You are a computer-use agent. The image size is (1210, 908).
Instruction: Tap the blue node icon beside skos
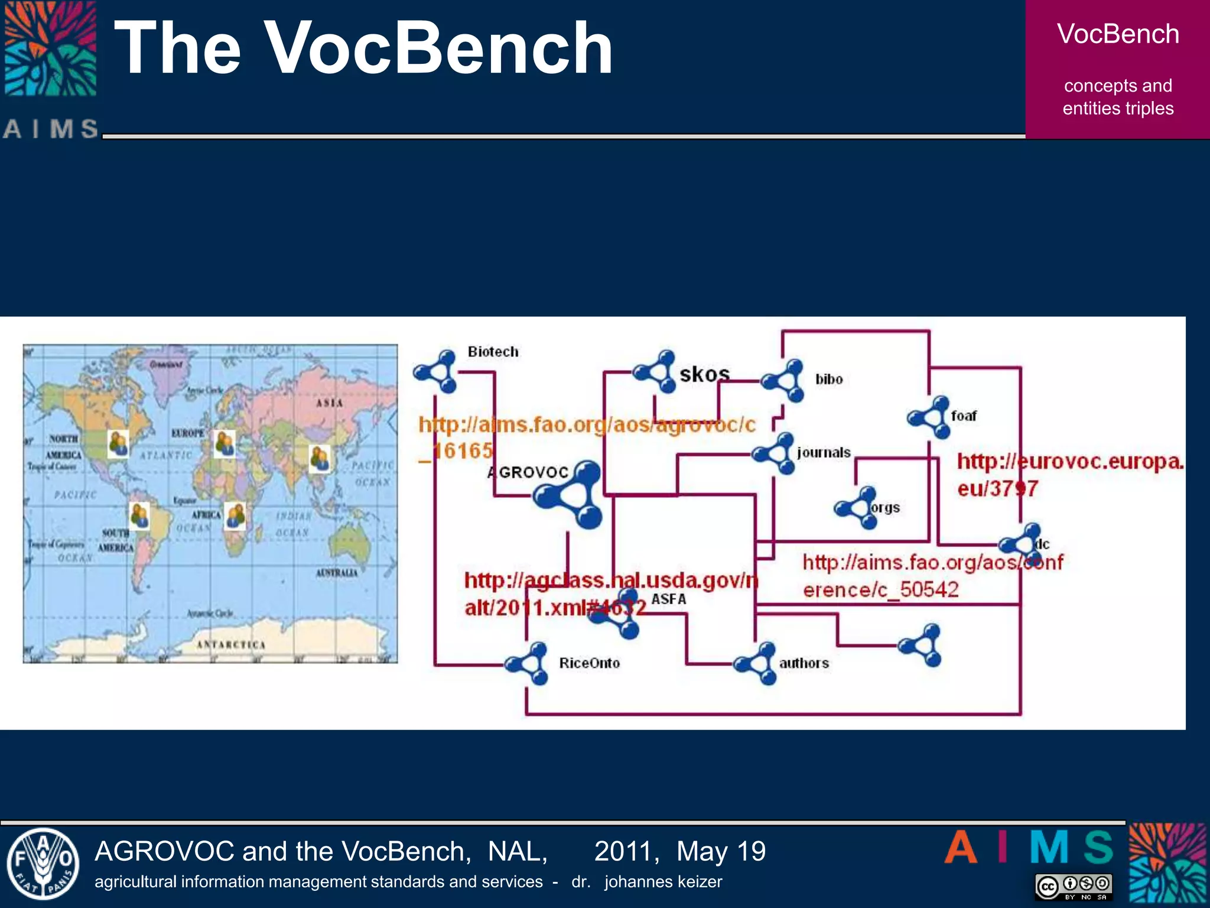[655, 372]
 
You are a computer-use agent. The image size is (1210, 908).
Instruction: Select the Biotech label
[493, 352]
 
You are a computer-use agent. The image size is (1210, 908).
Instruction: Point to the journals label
[824, 453]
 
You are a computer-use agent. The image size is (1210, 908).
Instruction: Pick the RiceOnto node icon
[528, 664]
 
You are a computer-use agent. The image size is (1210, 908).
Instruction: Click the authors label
[804, 663]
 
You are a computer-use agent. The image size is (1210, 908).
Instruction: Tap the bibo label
[829, 380]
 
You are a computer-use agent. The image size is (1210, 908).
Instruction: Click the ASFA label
[668, 599]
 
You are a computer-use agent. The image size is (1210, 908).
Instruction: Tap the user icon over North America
[118, 443]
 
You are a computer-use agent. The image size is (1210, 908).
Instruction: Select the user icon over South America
[139, 515]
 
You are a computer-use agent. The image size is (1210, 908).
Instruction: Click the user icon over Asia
[320, 459]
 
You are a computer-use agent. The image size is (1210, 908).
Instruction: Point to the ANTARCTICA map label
[231, 644]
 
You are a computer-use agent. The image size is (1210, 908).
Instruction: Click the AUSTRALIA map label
[336, 573]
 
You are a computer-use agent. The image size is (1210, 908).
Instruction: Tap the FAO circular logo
[43, 864]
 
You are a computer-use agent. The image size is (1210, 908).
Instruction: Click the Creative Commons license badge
[1074, 886]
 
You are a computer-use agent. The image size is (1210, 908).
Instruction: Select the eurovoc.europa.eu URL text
[1069, 475]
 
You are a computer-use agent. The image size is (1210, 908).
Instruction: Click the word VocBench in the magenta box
[1118, 34]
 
